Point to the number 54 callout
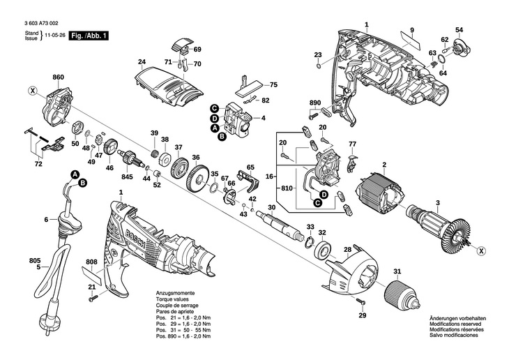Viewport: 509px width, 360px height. [x=459, y=29]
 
